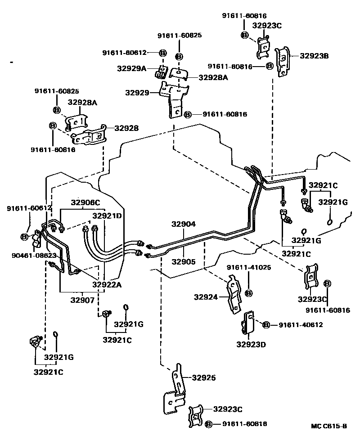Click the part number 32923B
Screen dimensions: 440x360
tap(314, 56)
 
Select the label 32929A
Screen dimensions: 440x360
tap(131, 68)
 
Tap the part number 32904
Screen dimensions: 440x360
tap(184, 224)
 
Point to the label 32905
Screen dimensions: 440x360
tap(184, 260)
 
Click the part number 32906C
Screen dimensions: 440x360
tap(85, 202)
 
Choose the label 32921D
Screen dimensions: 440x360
tap(107, 216)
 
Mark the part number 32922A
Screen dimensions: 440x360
tap(107, 284)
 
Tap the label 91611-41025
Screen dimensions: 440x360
tap(248, 267)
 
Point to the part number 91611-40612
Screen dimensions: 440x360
tap(300, 325)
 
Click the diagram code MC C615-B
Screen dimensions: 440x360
tap(328, 426)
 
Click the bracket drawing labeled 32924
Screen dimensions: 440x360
tap(232, 295)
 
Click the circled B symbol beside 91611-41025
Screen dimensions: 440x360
tap(248, 293)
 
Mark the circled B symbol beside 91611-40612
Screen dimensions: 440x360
tap(266, 325)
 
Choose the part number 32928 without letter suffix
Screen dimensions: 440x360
tap(126, 128)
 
